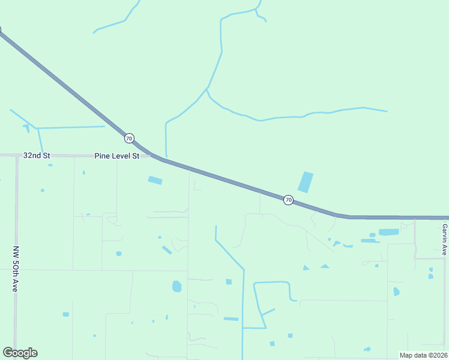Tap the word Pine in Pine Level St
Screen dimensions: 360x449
[102, 156]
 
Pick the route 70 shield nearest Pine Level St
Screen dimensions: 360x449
[129, 139]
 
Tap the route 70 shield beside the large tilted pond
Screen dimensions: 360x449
[288, 200]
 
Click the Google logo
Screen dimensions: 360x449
[20, 353]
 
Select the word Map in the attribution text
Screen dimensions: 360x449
[406, 355]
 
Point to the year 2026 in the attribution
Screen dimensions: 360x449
[439, 355]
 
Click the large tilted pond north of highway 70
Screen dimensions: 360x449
[306, 182]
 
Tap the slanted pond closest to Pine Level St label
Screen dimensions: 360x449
[155, 180]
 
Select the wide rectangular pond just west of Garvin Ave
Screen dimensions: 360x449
[388, 232]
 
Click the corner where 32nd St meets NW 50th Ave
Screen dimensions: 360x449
[16, 155]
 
